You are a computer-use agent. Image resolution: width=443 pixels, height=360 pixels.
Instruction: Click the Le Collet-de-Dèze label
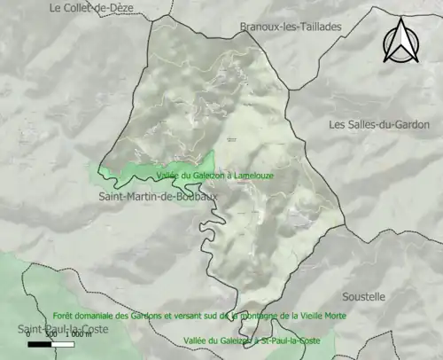click(91, 9)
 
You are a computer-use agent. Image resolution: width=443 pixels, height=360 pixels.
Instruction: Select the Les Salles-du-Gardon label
click(378, 125)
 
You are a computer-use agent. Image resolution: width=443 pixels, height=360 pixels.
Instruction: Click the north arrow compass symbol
click(400, 43)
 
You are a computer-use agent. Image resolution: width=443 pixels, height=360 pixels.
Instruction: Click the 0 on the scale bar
click(28, 335)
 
